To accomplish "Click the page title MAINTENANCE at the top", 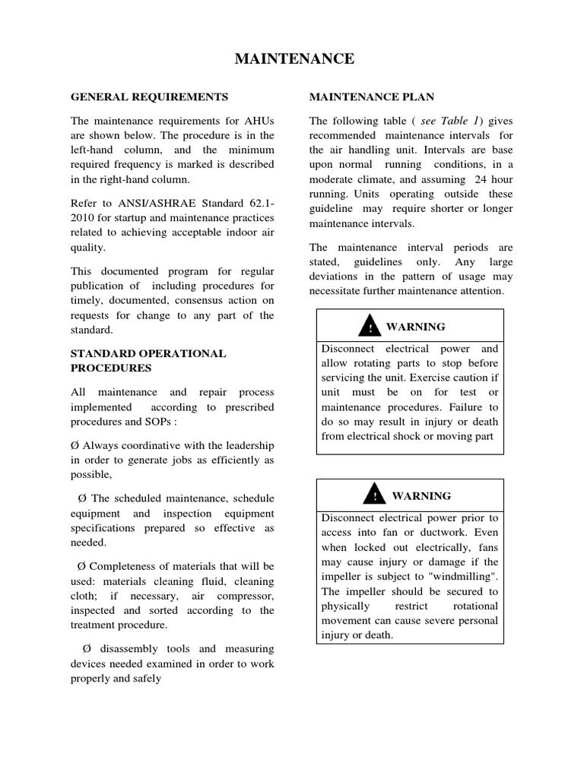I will click(292, 59).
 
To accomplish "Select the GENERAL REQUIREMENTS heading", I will click(149, 97).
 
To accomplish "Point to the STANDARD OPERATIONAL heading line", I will click(148, 353).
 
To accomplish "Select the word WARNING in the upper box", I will click(415, 327).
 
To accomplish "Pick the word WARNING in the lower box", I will click(421, 496).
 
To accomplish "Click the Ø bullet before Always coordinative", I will click(75, 444).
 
